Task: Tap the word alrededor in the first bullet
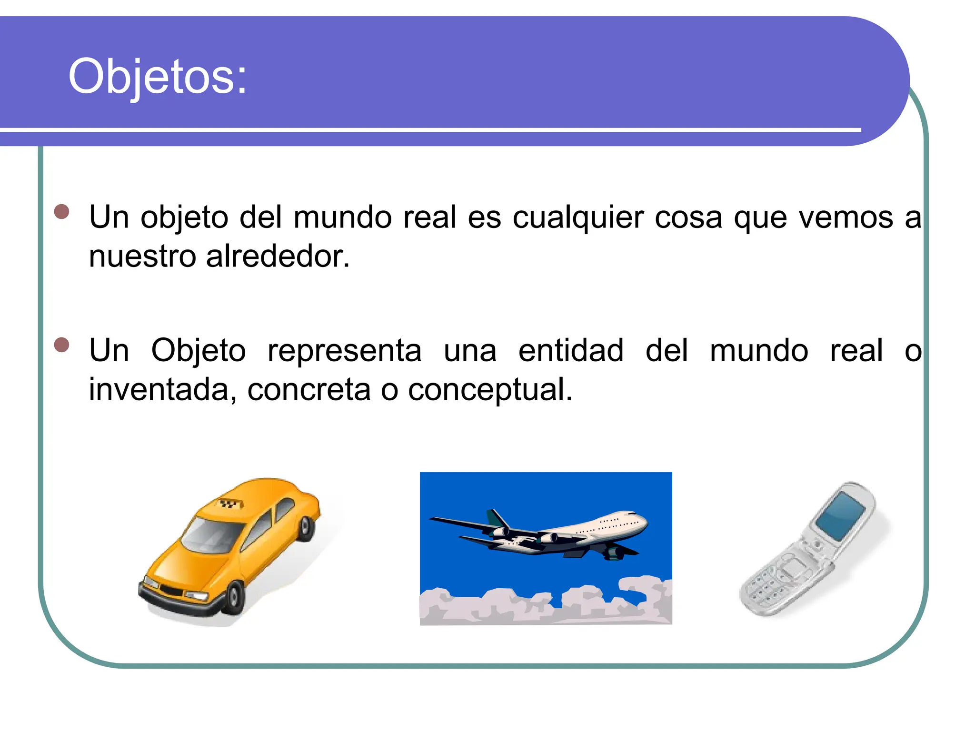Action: pyautogui.click(x=278, y=257)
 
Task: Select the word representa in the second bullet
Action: pyautogui.click(x=344, y=351)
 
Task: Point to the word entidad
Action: pyautogui.click(x=570, y=351)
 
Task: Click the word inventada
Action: pyautogui.click(x=162, y=390)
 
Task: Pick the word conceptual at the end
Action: pyautogui.click(x=490, y=390)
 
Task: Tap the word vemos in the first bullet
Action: pyautogui.click(x=846, y=218)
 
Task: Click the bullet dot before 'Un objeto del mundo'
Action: pyautogui.click(x=62, y=211)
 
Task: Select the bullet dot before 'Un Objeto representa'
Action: pyautogui.click(x=62, y=345)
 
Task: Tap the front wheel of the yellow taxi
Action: pyautogui.click(x=234, y=597)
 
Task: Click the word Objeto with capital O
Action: pyautogui.click(x=198, y=352)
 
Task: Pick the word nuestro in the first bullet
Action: pyautogui.click(x=142, y=257)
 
